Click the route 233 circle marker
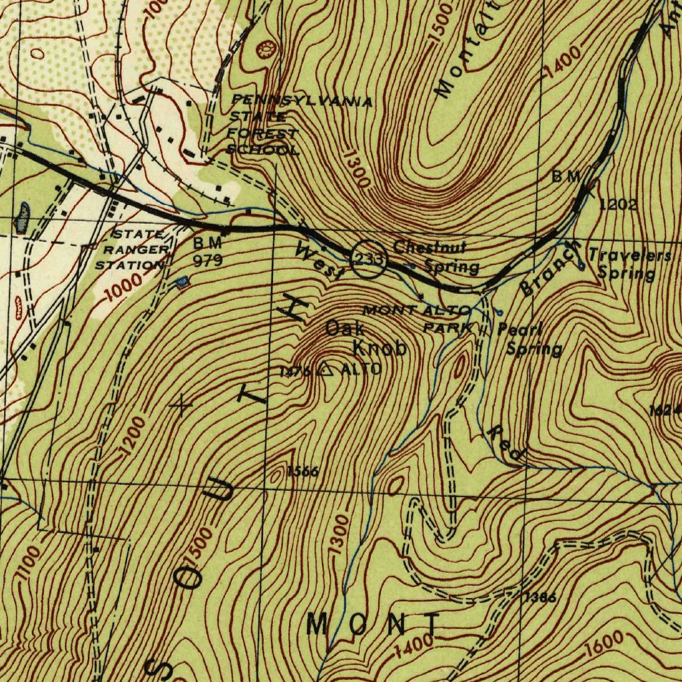[368, 258]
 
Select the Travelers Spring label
[629, 264]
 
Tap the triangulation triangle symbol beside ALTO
[326, 370]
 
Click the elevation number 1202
[618, 204]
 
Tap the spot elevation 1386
[540, 597]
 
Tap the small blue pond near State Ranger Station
[182, 283]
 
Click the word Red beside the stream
[506, 442]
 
